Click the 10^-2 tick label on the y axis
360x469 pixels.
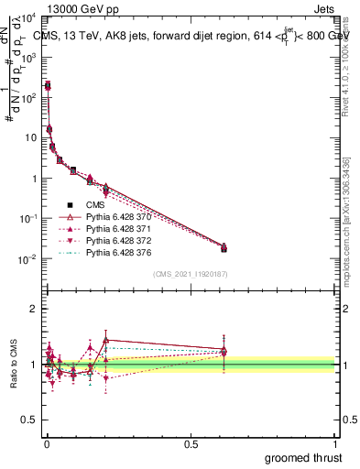29,259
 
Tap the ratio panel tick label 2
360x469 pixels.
34,309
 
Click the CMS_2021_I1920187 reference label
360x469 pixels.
191,275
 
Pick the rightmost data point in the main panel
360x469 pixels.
224,248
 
